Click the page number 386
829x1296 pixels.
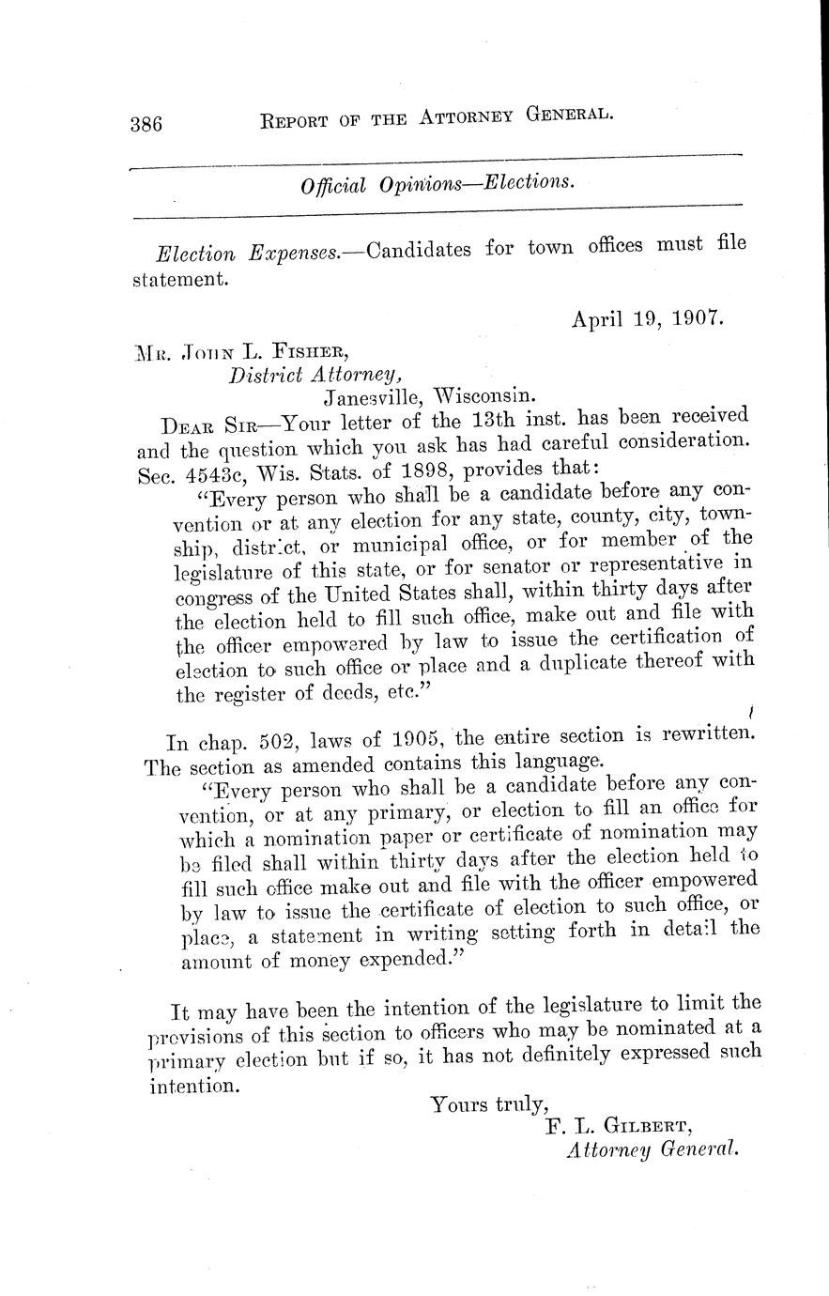(x=147, y=124)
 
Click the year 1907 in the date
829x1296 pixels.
(x=698, y=318)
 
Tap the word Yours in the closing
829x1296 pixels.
(x=459, y=1104)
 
